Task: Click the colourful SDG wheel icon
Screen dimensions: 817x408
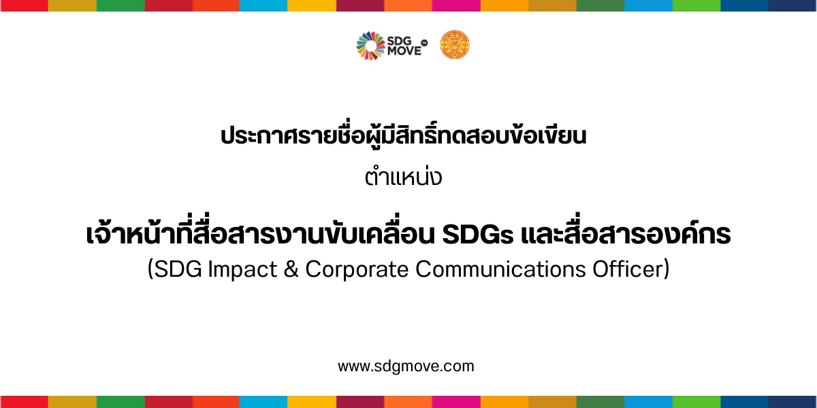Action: point(370,46)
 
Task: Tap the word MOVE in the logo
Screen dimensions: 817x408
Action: point(404,51)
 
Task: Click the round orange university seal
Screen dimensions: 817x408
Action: point(455,44)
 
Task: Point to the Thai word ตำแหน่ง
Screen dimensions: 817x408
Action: point(403,177)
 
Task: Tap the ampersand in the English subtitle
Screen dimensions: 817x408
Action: point(291,269)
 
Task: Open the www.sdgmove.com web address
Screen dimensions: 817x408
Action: point(406,367)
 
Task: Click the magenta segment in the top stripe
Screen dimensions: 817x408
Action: point(456,5)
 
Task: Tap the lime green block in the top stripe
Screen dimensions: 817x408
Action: point(696,5)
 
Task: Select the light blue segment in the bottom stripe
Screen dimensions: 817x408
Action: point(263,402)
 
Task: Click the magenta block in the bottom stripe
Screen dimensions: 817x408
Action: point(456,402)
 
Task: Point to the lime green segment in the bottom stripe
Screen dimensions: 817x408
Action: point(696,402)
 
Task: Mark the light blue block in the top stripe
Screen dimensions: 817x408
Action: point(263,5)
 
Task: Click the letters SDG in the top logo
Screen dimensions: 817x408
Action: point(399,41)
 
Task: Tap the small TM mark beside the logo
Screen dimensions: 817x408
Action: point(424,43)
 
